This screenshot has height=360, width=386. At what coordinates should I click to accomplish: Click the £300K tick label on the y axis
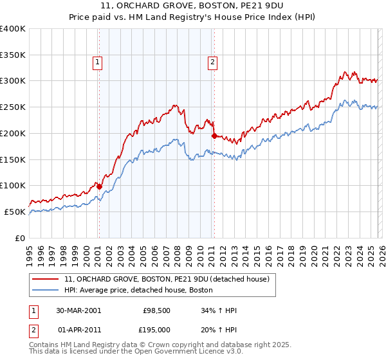click(13, 81)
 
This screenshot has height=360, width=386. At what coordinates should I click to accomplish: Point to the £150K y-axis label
click(13, 159)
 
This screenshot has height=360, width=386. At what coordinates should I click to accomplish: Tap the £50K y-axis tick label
click(15, 212)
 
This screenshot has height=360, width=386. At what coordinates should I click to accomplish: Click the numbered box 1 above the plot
click(98, 62)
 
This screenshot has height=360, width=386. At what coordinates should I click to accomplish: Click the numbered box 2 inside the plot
click(212, 62)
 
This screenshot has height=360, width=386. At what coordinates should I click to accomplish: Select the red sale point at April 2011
click(214, 136)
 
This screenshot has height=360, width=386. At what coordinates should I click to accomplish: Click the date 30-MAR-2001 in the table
click(78, 310)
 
